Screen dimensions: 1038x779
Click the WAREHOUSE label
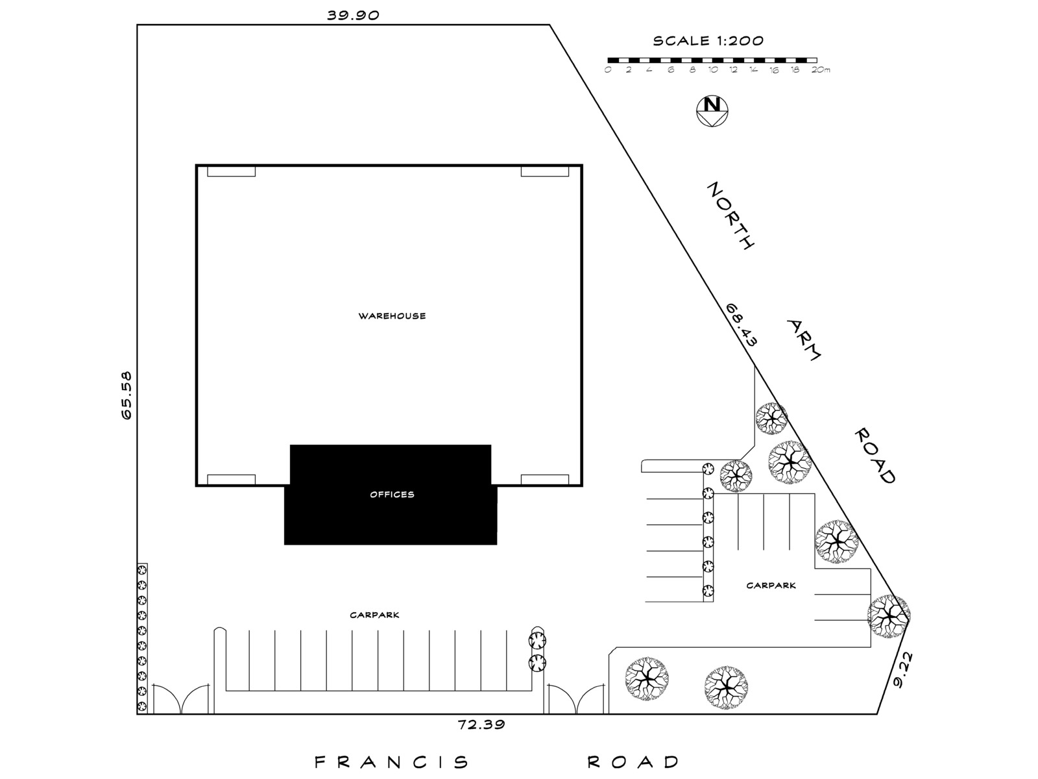pyautogui.click(x=392, y=316)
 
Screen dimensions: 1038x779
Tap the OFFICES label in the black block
pyautogui.click(x=392, y=494)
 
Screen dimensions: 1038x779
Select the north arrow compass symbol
pyautogui.click(x=712, y=111)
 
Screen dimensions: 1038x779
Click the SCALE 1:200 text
pyautogui.click(x=708, y=41)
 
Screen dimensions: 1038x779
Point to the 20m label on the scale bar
pyautogui.click(x=821, y=70)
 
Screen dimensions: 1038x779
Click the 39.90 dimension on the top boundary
pyautogui.click(x=354, y=15)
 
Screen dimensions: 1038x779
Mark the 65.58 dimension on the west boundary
pyautogui.click(x=127, y=395)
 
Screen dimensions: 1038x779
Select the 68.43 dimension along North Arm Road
pyautogui.click(x=741, y=325)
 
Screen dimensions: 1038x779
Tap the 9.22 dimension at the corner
pyautogui.click(x=904, y=670)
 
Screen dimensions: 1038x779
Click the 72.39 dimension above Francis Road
pyautogui.click(x=481, y=724)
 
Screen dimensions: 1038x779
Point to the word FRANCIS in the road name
pyautogui.click(x=392, y=762)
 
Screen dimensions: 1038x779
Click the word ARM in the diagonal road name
pyautogui.click(x=804, y=340)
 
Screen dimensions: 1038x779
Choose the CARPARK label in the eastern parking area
pyautogui.click(x=771, y=585)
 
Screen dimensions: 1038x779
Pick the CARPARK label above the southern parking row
pyautogui.click(x=374, y=615)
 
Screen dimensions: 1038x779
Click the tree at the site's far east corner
pyautogui.click(x=889, y=616)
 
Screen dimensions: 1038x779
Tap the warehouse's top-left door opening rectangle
pyautogui.click(x=231, y=171)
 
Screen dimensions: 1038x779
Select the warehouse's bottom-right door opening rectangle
pyautogui.click(x=545, y=480)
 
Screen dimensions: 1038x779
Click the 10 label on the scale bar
pyautogui.click(x=712, y=70)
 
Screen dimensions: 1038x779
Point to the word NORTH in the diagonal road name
pyautogui.click(x=730, y=216)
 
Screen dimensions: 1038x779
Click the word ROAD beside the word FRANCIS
pyautogui.click(x=633, y=762)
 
